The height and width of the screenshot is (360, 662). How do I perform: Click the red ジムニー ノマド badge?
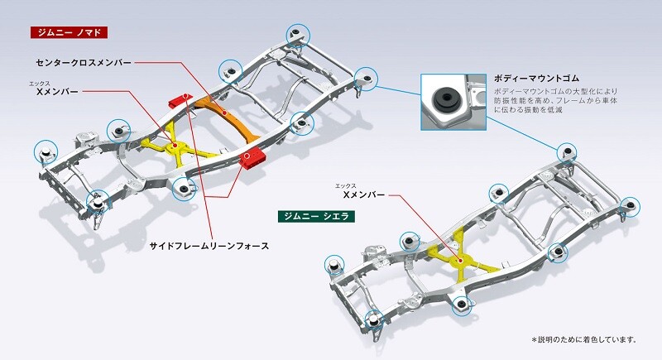(x=70, y=32)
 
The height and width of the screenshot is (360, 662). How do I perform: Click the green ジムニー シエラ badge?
(x=316, y=217)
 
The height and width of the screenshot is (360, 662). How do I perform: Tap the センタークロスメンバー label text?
(x=84, y=63)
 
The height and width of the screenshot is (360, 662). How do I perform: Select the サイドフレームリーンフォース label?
(x=209, y=246)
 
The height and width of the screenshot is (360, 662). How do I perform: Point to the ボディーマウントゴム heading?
(x=536, y=79)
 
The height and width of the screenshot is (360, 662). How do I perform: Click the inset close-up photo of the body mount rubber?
(x=453, y=102)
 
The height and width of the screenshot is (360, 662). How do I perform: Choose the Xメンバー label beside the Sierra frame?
(x=364, y=195)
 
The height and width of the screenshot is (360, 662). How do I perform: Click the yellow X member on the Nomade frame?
(x=174, y=146)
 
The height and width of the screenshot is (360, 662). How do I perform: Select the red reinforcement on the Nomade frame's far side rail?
(x=180, y=99)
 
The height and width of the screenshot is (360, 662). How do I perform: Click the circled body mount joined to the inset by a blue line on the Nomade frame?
(x=366, y=79)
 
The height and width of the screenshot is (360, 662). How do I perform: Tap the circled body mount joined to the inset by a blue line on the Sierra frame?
(x=567, y=152)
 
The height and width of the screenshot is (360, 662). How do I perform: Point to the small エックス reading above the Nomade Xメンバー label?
(x=39, y=84)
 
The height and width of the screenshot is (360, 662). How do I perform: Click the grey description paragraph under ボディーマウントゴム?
(x=555, y=100)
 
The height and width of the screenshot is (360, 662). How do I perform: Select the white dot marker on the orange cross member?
(x=225, y=113)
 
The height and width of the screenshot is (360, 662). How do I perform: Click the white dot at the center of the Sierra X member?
(x=459, y=261)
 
